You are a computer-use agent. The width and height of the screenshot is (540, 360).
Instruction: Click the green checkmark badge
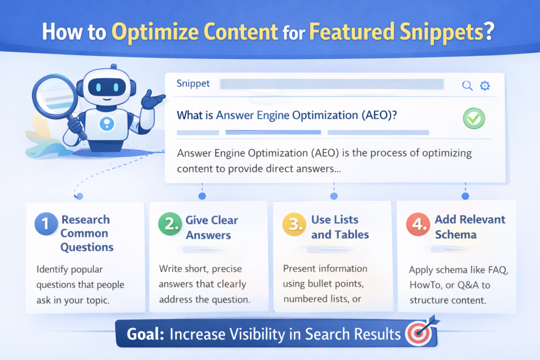(x=474, y=119)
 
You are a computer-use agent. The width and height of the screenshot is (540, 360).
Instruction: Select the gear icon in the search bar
(x=485, y=86)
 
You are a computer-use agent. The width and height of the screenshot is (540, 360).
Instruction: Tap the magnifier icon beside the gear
(x=467, y=86)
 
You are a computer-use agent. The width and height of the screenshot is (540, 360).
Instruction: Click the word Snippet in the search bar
(x=193, y=84)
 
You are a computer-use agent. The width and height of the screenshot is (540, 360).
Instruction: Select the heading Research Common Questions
(x=85, y=233)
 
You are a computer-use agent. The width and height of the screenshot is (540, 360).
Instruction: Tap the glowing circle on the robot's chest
(x=107, y=124)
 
